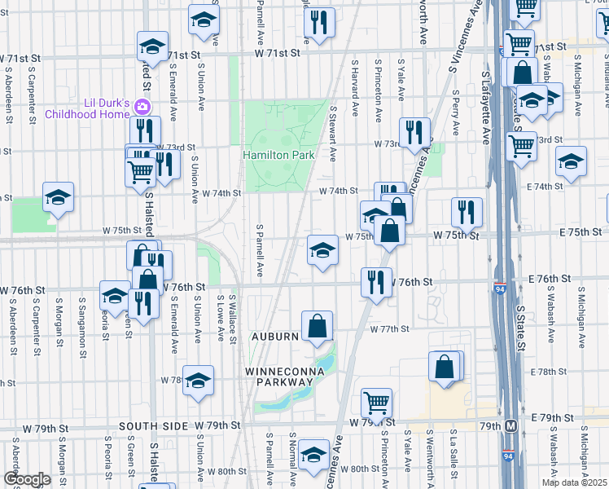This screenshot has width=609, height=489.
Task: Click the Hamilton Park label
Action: (x=278, y=155)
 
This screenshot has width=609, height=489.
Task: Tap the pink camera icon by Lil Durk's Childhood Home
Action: (x=142, y=107)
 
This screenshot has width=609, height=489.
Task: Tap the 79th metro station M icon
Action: (x=510, y=425)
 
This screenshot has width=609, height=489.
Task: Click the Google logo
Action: (x=26, y=479)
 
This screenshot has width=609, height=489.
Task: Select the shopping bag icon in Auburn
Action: (x=317, y=326)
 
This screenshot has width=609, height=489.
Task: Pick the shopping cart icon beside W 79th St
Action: (x=376, y=401)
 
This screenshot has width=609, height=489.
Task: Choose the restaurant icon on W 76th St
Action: (x=376, y=282)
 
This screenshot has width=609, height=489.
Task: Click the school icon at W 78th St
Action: (x=198, y=380)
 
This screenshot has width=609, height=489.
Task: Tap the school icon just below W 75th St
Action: (x=323, y=250)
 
